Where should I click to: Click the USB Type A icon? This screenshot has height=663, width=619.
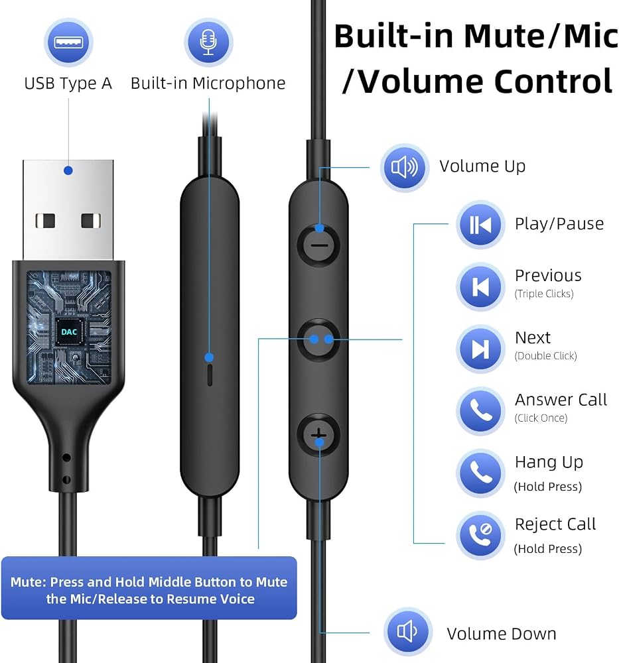coord(68,42)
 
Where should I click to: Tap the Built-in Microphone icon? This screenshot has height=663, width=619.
coord(208,42)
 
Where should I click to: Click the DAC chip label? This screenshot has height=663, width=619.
coord(69,332)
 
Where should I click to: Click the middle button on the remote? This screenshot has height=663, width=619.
coord(318,339)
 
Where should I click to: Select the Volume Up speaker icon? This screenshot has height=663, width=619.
coord(405,168)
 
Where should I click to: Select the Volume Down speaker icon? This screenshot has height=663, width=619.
coord(408,632)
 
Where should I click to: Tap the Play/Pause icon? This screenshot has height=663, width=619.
coord(480,225)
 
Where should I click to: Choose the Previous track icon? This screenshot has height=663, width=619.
coord(480,286)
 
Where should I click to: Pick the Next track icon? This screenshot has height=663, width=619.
coord(480,349)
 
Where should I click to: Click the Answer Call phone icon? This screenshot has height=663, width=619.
coord(480,411)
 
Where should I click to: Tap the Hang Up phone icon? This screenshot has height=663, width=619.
coord(480,473)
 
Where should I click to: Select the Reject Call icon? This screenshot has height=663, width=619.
coord(480,535)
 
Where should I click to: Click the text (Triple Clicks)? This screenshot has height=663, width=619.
coord(543,294)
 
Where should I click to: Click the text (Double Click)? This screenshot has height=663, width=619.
coord(545,356)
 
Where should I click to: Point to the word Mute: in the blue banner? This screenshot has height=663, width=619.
coord(29,582)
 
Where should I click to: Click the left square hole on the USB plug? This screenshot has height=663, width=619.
coord(45,221)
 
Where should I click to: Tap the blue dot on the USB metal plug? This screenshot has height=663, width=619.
coord(68,171)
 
